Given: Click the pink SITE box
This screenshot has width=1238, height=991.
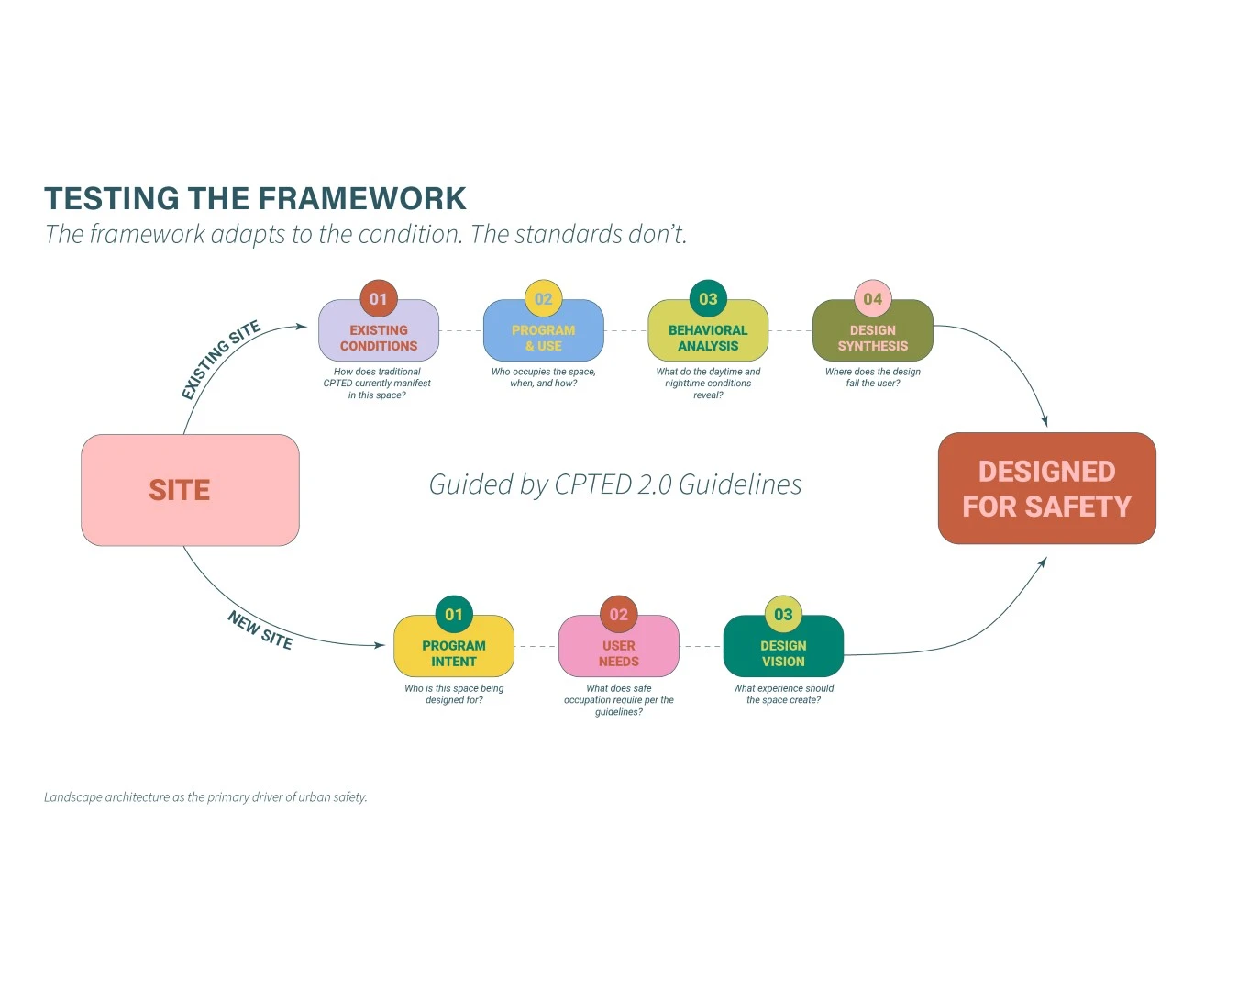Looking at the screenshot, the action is click(x=190, y=490).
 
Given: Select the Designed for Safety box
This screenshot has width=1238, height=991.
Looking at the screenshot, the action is click(x=1046, y=488).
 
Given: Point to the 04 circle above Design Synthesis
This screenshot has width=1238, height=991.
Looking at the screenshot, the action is click(x=873, y=299).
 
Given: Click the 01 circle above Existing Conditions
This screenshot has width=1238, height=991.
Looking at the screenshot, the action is click(x=379, y=299).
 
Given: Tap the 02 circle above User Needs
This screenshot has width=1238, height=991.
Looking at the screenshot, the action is click(x=618, y=615).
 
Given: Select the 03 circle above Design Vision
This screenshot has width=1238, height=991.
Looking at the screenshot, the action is click(x=783, y=615).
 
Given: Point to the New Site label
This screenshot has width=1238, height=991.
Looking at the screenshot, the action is click(x=260, y=630).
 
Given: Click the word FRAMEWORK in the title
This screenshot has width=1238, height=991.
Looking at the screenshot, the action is click(x=362, y=199).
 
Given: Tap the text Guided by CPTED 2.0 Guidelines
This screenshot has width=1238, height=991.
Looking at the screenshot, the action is click(x=615, y=484).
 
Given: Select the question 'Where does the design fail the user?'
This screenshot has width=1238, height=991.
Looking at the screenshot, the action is click(x=873, y=378).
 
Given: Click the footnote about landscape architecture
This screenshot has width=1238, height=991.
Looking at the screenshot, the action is click(x=205, y=797).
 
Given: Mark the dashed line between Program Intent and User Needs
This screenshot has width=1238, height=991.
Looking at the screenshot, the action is click(x=536, y=647).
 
